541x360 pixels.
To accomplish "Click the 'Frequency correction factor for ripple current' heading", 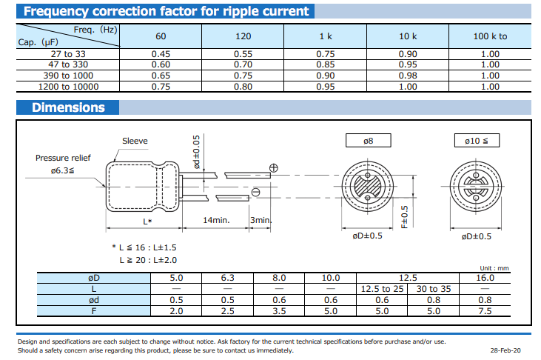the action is pyautogui.click(x=166, y=11).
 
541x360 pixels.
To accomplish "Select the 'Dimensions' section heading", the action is pyautogui.click(x=68, y=107).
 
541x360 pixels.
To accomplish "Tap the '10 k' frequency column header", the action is pyautogui.click(x=408, y=36).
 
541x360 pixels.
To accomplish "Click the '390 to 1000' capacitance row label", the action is pyautogui.click(x=68, y=76).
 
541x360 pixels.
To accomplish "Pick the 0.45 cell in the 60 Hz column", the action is pyautogui.click(x=161, y=54).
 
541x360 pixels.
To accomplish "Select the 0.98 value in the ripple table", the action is pyautogui.click(x=408, y=76).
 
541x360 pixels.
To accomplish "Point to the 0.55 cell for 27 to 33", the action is pyautogui.click(x=243, y=54).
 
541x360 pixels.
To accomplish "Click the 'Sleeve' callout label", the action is pyautogui.click(x=135, y=141).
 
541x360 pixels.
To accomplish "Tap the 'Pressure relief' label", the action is pyautogui.click(x=63, y=158).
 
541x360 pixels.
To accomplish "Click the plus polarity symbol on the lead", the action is pyautogui.click(x=274, y=168).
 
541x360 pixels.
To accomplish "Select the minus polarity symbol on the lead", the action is pyautogui.click(x=255, y=192).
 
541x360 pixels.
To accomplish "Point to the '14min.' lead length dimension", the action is pyautogui.click(x=216, y=220).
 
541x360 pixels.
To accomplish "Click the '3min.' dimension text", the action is pyautogui.click(x=261, y=220).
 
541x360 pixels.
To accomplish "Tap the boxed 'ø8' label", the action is pyautogui.click(x=368, y=141).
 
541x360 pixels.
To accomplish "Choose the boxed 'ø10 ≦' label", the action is pyautogui.click(x=477, y=141).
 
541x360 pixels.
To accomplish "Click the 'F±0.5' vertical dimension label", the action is pyautogui.click(x=405, y=217).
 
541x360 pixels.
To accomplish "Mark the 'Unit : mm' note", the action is pyautogui.click(x=494, y=268).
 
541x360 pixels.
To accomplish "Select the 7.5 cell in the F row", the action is pyautogui.click(x=485, y=311).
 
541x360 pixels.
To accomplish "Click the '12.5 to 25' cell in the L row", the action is pyautogui.click(x=382, y=289).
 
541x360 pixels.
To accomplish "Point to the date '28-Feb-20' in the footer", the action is pyautogui.click(x=505, y=350).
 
